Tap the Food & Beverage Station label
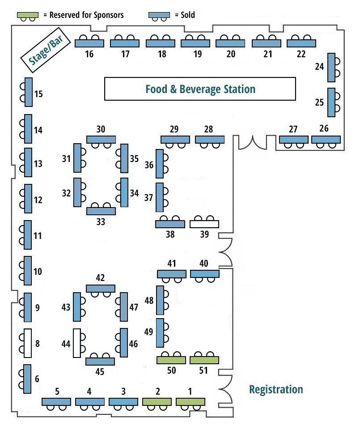200,89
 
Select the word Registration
275,389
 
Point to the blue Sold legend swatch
159,15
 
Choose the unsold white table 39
204,224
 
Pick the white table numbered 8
27,343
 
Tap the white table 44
77,343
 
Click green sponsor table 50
171,360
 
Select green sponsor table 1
190,402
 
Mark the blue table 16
89,43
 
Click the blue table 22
301,43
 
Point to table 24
331,68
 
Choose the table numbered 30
101,140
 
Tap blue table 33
101,211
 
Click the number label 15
38,94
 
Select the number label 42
100,278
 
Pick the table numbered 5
56,402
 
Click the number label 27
293,130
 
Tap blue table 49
160,333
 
